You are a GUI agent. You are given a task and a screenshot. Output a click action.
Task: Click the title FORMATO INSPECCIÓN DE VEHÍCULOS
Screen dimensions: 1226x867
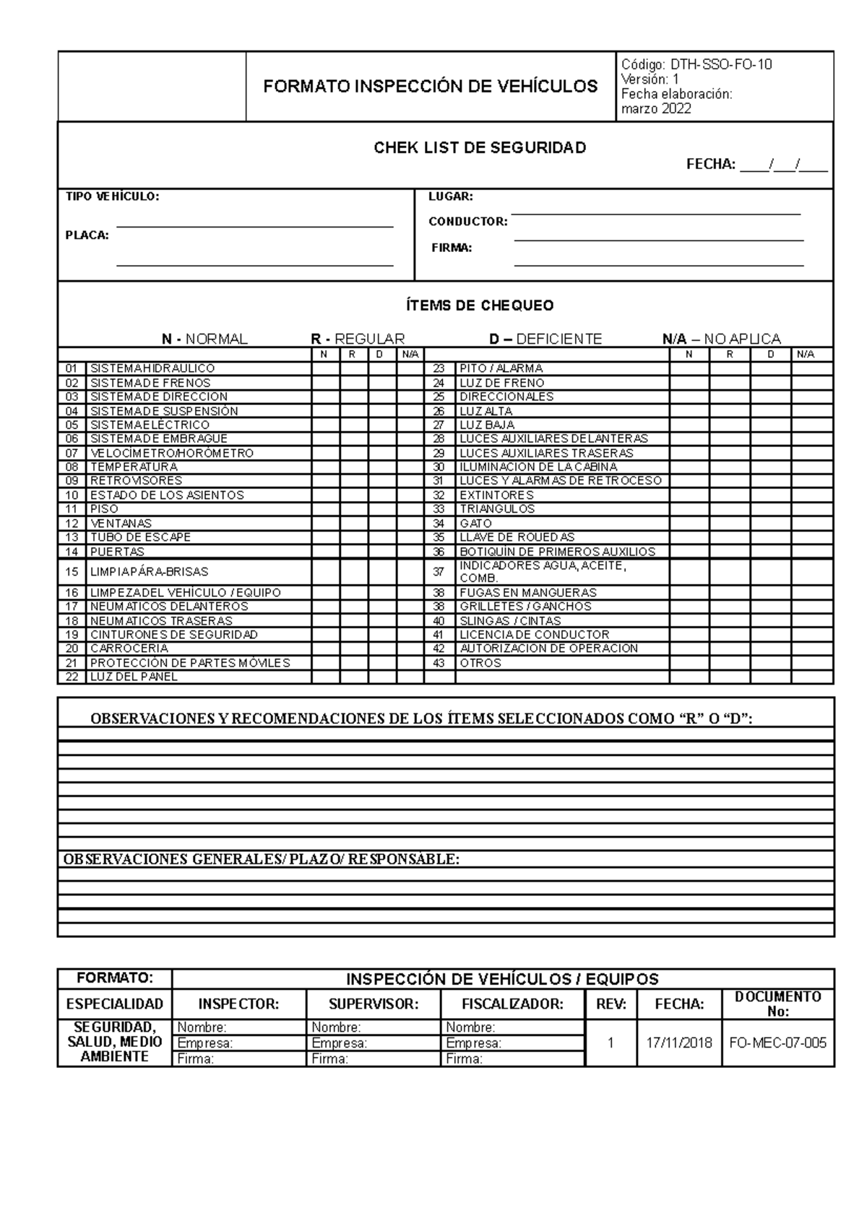430,87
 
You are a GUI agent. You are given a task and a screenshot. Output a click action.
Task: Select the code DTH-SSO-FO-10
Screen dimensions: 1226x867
720,64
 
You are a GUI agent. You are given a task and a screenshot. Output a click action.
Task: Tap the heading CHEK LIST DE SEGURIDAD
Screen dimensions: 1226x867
479,148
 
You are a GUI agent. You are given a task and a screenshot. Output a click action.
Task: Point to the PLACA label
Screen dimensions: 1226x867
87,235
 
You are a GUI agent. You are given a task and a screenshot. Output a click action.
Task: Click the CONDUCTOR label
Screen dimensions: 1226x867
467,222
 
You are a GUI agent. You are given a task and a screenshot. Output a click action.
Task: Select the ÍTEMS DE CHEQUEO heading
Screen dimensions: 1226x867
479,305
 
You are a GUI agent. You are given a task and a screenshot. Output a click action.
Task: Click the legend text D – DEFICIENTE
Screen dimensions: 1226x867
545,339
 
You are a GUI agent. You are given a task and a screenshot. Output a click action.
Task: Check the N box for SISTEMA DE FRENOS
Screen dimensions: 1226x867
325,383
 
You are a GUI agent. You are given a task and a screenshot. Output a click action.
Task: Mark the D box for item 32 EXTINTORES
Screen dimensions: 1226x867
770,495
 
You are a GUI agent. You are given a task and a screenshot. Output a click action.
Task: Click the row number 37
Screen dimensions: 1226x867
439,572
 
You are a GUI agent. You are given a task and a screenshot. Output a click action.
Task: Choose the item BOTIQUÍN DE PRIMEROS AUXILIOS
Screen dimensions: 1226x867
557,552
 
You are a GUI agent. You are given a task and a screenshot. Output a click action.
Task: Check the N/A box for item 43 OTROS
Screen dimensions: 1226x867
812,663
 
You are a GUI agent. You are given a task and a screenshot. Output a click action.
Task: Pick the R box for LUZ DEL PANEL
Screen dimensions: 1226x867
353,677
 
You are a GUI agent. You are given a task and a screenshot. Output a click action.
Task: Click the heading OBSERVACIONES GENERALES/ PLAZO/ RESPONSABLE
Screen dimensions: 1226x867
261,859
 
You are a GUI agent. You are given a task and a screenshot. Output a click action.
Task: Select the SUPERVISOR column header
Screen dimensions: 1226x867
373,1004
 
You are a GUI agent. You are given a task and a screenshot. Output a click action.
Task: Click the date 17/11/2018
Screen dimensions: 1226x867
678,1043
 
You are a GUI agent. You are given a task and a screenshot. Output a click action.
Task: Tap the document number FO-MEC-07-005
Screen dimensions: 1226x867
777,1043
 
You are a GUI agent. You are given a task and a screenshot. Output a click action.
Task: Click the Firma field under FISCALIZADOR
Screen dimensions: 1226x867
512,1059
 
